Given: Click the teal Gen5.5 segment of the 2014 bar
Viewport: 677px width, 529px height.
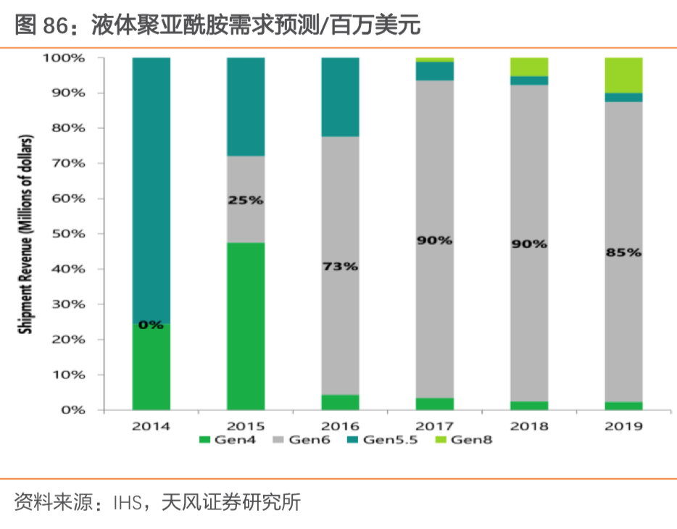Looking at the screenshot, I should pyautogui.click(x=151, y=188).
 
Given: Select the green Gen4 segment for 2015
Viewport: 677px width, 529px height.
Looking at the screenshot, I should pyautogui.click(x=246, y=326).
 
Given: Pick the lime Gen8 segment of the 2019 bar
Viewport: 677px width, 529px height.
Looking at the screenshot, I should pyautogui.click(x=623, y=75).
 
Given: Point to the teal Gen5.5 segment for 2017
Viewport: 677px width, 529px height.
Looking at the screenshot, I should pyautogui.click(x=434, y=71).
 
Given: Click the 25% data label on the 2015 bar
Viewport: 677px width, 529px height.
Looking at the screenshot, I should pyautogui.click(x=246, y=200).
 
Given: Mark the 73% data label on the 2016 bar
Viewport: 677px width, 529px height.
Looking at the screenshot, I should pyautogui.click(x=340, y=267).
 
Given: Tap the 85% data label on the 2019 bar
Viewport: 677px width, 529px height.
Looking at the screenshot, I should pyautogui.click(x=623, y=253).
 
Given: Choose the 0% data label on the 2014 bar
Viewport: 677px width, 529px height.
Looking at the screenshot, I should pyautogui.click(x=151, y=325).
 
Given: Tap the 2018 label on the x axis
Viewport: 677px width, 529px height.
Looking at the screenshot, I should pyautogui.click(x=529, y=426).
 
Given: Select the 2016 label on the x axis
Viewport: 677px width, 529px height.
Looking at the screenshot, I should pyautogui.click(x=340, y=426).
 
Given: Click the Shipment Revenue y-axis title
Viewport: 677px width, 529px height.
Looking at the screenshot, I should pyautogui.click(x=25, y=233).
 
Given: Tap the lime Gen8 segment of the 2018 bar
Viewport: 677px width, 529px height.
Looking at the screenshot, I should pyautogui.click(x=529, y=67).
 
